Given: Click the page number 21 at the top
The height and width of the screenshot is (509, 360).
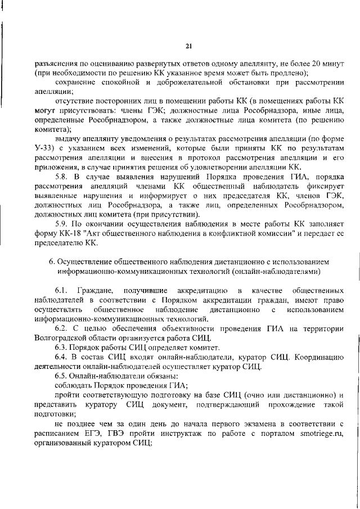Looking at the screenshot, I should coord(189,46).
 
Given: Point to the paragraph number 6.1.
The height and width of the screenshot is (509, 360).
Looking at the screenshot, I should coord(62,291).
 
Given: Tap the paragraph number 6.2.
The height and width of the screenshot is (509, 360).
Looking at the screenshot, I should coord(62,328).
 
